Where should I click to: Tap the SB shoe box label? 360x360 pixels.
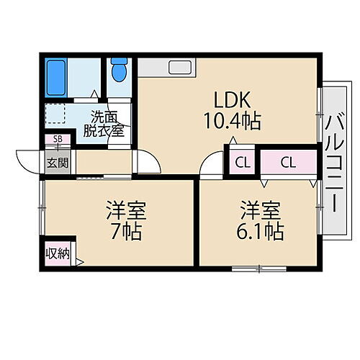(57, 140)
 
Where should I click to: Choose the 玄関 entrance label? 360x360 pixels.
(58, 163)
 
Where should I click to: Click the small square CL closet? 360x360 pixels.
(242, 162)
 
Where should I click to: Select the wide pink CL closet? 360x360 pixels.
(288, 162)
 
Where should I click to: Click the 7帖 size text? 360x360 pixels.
(127, 232)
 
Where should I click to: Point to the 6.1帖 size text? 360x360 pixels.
(261, 232)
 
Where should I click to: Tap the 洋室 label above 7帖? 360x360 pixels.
(127, 211)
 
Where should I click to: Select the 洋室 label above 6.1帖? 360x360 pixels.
(261, 211)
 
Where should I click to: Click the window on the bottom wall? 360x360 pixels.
(259, 269)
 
